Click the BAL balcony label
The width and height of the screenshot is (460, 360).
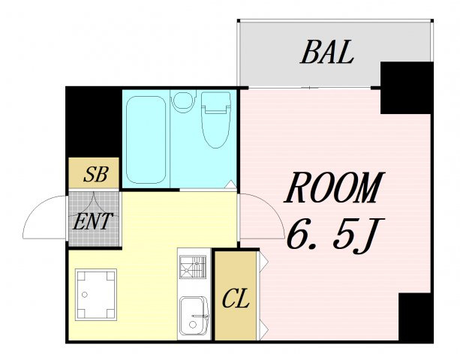pyautogui.click(x=327, y=52)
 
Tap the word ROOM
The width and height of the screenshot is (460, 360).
pyautogui.click(x=334, y=187)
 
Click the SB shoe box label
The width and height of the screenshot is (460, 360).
pyautogui.click(x=96, y=174)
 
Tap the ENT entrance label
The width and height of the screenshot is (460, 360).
pyautogui.click(x=92, y=221)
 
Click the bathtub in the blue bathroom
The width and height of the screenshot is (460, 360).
pyautogui.click(x=146, y=139)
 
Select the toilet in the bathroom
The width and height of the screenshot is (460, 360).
pyautogui.click(x=216, y=119)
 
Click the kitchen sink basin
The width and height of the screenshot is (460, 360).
pyautogui.click(x=194, y=316)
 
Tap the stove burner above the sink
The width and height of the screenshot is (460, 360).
pyautogui.click(x=193, y=267)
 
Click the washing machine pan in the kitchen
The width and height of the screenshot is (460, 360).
pyautogui.click(x=96, y=295)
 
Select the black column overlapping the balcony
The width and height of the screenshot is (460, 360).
pyautogui.click(x=407, y=88)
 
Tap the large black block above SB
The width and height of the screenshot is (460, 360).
pyautogui.click(x=94, y=122)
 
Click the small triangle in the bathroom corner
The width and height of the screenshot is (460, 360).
pyautogui.click(x=231, y=184)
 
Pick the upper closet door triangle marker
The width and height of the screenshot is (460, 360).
pyautogui.click(x=263, y=260)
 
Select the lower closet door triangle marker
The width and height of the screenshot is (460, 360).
pyautogui.click(x=263, y=330)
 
